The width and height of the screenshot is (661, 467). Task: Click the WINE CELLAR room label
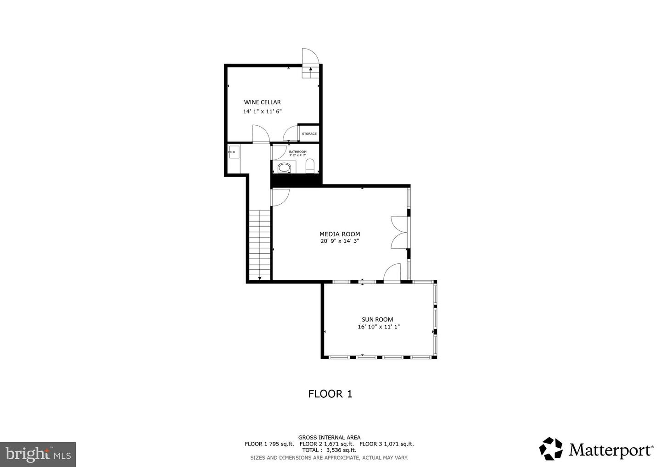[262, 102]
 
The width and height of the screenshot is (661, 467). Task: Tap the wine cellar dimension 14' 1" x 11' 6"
[262, 111]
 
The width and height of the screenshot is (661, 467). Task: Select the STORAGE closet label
[309, 134]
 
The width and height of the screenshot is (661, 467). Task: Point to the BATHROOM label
[297, 151]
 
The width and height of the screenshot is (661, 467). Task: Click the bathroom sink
[284, 168]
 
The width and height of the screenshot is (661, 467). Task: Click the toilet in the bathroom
[310, 166]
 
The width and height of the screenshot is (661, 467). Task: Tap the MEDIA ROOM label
[340, 234]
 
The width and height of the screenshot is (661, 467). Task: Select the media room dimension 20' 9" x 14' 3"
[340, 241]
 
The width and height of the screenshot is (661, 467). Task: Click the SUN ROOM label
[377, 320]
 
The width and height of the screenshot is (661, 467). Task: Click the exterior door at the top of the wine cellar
[310, 57]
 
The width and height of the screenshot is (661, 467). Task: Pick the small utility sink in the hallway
[234, 151]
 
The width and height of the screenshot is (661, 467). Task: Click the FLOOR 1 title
[330, 394]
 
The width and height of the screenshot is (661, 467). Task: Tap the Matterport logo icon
[551, 449]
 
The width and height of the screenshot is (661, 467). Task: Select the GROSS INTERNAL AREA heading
[329, 437]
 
